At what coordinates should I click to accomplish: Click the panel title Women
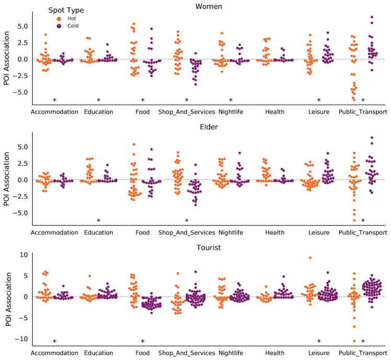pos(209,6)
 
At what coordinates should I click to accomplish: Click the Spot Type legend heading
pos(66,10)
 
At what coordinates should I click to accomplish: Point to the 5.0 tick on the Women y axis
pos(20,26)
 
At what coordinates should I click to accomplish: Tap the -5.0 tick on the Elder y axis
pos(19,213)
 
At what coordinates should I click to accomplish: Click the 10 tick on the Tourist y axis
pos(22,255)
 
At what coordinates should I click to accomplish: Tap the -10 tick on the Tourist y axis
pos(20,339)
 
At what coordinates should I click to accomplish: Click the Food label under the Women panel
pos(142,111)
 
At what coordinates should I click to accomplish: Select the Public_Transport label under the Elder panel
pos(363,232)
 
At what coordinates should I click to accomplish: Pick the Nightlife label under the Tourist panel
pos(231,353)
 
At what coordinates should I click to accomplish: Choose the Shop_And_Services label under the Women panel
pos(187,111)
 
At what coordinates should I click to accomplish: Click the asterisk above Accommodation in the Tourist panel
pos(54,342)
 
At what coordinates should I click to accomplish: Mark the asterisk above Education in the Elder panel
pos(98,221)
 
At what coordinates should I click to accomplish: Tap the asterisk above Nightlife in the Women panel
pos(231,100)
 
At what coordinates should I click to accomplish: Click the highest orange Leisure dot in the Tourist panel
pos(310,257)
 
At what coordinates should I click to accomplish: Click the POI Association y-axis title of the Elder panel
pos(7,179)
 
